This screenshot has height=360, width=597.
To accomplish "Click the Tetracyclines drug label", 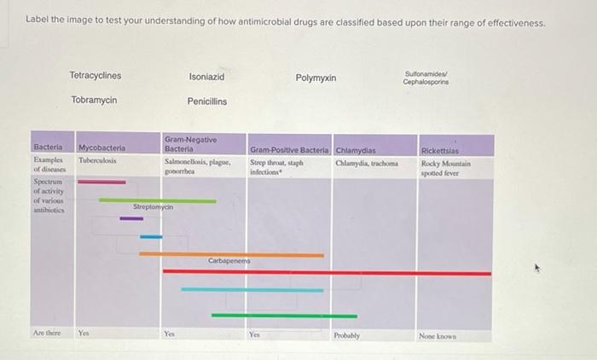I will click(96, 76).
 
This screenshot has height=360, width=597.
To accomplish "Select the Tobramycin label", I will click(94, 101).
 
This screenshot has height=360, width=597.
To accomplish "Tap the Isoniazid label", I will click(206, 77).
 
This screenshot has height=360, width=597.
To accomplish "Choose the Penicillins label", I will click(206, 102).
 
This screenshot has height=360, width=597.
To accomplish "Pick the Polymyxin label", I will click(316, 78).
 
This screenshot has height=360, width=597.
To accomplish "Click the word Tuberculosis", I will click(97, 160).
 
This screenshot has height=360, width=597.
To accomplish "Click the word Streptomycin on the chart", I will click(154, 207).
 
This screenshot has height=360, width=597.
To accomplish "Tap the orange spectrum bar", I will click(231, 253).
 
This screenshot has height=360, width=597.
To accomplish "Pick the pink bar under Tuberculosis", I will click(101, 181).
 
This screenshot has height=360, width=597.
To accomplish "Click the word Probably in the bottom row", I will click(347, 335).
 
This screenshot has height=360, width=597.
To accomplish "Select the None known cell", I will click(438, 335).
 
